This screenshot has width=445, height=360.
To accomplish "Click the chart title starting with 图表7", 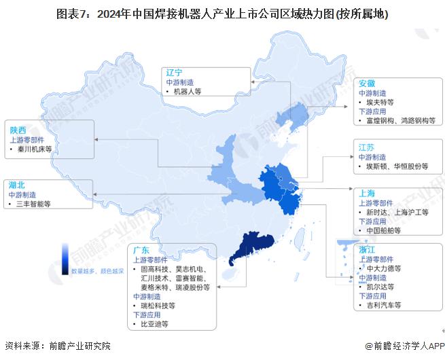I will (223, 14).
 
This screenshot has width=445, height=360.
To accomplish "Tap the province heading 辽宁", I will (175, 72).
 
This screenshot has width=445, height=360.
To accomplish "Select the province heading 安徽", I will (367, 83).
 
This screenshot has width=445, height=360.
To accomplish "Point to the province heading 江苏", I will (367, 147).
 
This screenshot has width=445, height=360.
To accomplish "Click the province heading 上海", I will (367, 194).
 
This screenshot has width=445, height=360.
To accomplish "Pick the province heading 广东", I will (141, 249).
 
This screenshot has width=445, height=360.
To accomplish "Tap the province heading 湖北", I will (18, 184).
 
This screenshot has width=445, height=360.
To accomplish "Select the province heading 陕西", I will (18, 129).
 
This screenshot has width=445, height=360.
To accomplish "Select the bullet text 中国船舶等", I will (383, 230).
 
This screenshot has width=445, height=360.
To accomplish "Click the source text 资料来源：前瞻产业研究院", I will (57, 346).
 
